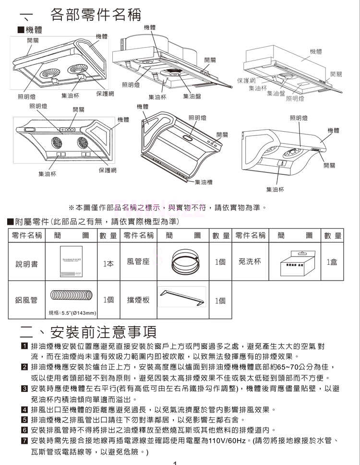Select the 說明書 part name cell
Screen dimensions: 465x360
(27, 264)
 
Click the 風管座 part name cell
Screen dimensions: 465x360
(139, 262)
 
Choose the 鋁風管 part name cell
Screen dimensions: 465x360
(27, 300)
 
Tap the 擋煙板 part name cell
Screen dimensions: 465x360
(139, 300)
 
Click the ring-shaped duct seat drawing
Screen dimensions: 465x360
(185, 262)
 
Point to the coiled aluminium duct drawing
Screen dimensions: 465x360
(72, 295)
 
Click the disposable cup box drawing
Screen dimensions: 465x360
(294, 262)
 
